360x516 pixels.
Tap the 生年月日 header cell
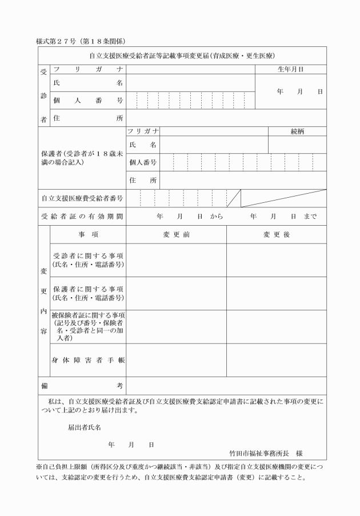pos(290,69)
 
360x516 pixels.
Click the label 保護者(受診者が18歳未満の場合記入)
pos(82,158)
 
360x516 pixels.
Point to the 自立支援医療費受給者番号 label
pos(82,199)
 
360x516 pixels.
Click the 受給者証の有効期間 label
pos(82,217)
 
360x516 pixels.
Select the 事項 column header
pos(89,235)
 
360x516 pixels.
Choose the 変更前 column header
pos(176,235)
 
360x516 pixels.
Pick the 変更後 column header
pos(277,235)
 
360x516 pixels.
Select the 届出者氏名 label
pos(85,427)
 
